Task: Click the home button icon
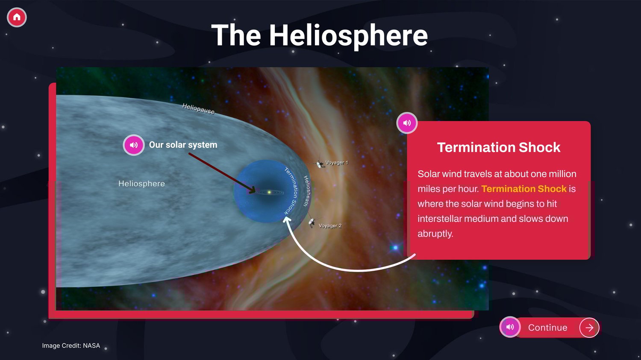coord(17,17)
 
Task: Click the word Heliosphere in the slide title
coord(348,36)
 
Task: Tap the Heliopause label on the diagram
coord(198,108)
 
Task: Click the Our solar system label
coord(183,145)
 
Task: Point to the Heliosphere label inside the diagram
coord(141,184)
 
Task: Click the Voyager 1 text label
coord(337,163)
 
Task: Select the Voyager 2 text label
coord(330,225)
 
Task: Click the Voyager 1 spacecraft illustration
coord(320,164)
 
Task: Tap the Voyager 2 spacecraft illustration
coord(312,222)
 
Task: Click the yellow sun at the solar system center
coord(269,193)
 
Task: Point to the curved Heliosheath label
coord(306,191)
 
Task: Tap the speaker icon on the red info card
coord(407,123)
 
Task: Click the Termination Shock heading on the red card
coord(499,147)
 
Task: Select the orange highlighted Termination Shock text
coord(523,189)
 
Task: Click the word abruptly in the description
coord(435,234)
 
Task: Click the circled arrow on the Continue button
coord(589,328)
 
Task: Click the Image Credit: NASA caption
coord(71,345)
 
